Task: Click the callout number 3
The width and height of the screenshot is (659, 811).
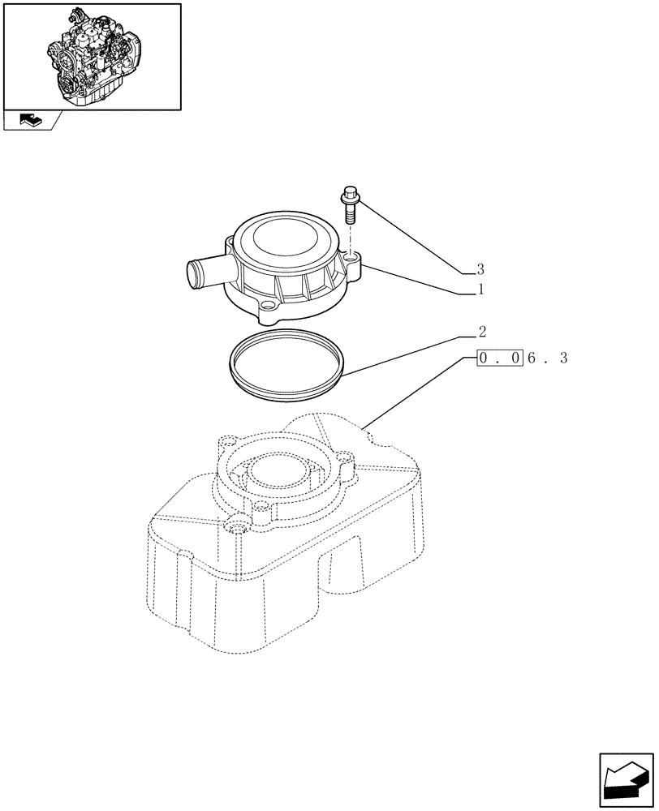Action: pyautogui.click(x=480, y=269)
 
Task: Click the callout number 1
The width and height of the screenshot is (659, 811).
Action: pyautogui.click(x=480, y=289)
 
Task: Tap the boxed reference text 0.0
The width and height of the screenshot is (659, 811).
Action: pyautogui.click(x=499, y=358)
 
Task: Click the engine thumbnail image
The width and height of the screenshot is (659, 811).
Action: pyautogui.click(x=92, y=55)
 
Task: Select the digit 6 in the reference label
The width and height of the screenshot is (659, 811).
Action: pyautogui.click(x=532, y=358)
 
